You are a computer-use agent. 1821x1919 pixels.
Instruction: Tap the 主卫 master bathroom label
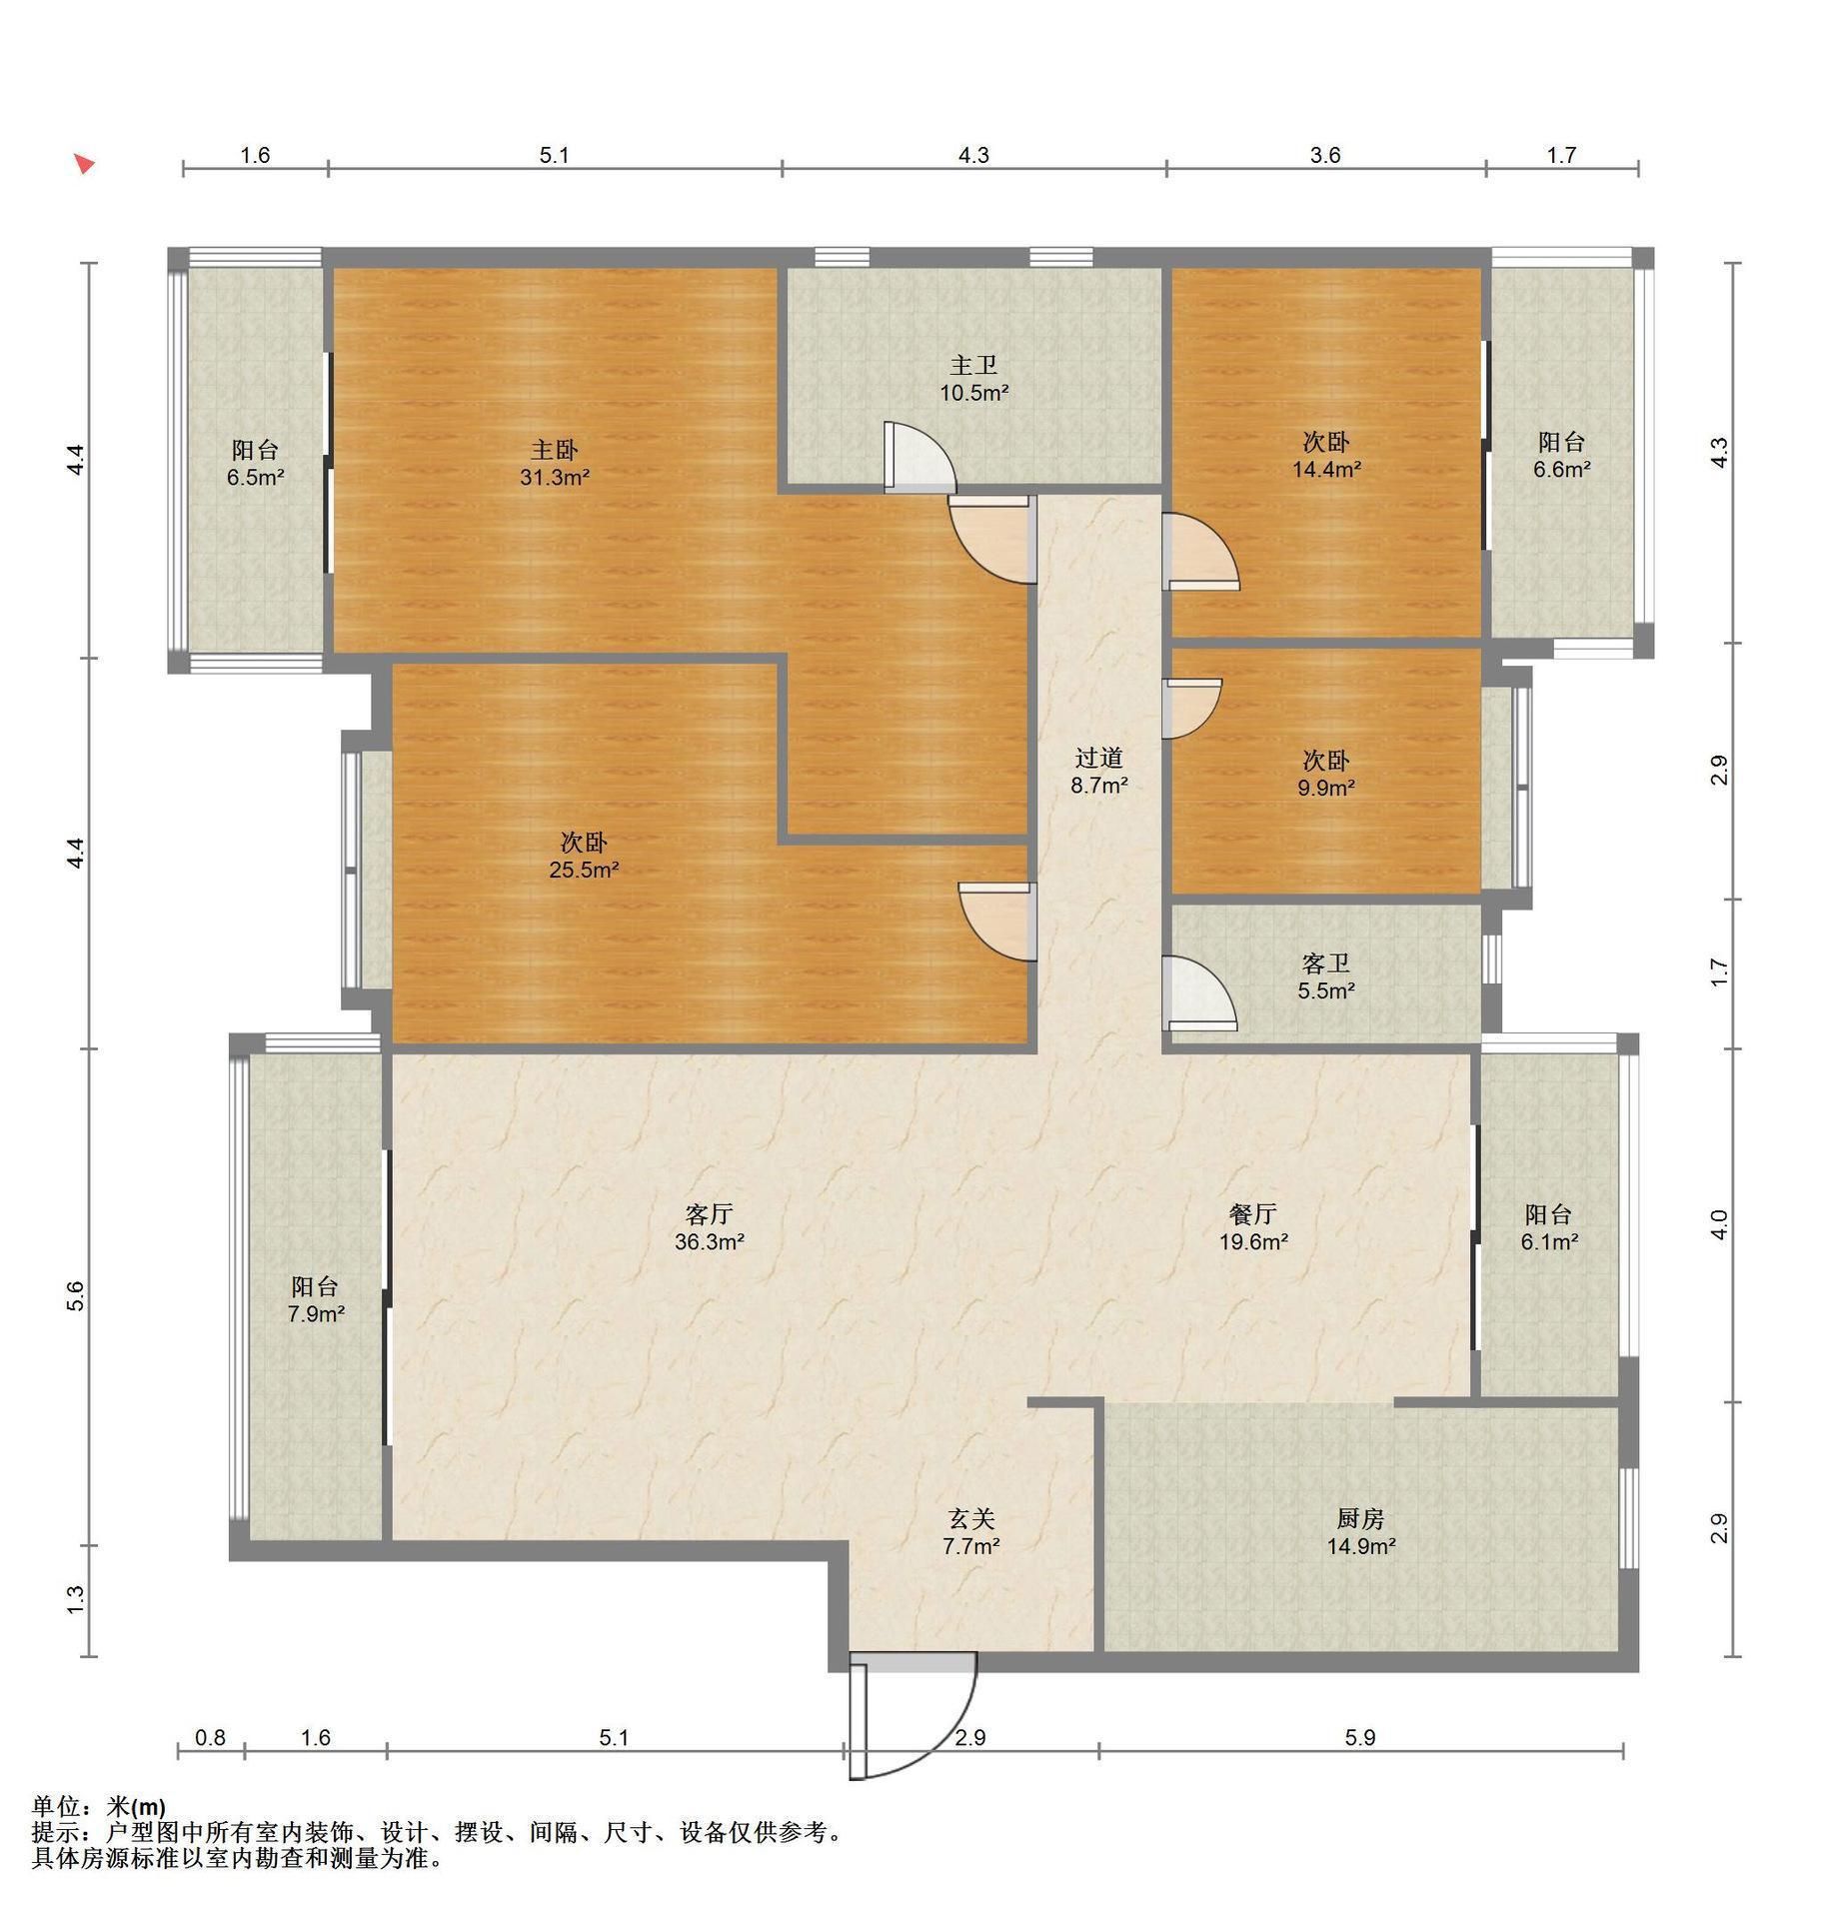tap(973, 366)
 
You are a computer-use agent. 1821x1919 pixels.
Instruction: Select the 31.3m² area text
tap(555, 478)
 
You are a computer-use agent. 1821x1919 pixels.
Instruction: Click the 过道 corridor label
tap(1099, 758)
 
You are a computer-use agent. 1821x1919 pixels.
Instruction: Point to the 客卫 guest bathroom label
tap(1326, 963)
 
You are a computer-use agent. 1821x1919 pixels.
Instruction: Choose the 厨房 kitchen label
tap(1360, 1518)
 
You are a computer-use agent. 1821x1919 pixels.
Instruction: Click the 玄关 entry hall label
tap(971, 1518)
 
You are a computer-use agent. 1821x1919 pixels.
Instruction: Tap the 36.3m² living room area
tap(710, 1242)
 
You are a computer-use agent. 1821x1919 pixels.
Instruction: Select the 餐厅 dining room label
tap(1252, 1214)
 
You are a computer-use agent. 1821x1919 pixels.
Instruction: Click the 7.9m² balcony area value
tap(316, 1314)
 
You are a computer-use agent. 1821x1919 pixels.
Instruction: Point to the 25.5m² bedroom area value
tap(584, 870)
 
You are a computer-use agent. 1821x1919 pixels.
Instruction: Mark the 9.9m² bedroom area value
tap(1326, 788)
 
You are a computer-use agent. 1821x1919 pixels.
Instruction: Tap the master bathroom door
tap(917, 458)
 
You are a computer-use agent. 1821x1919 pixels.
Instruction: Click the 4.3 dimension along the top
tap(973, 155)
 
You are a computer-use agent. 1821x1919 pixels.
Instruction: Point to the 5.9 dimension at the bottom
tap(1360, 1738)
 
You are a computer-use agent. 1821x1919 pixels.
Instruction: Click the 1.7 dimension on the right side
tap(1718, 971)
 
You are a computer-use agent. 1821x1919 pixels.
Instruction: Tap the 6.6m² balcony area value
tap(1562, 469)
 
